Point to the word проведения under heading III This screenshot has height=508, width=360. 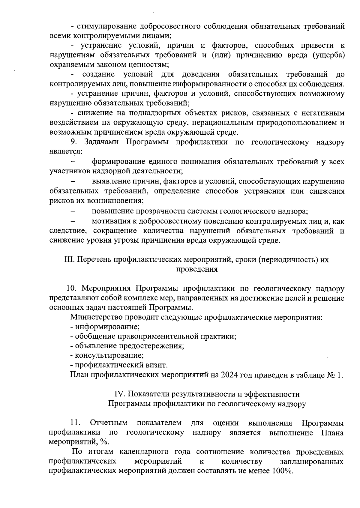[196, 269]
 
